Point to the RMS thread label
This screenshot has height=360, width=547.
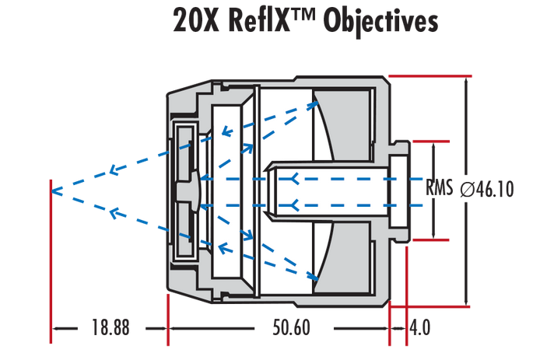tap(440, 188)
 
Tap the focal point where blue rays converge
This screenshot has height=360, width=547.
tap(51, 189)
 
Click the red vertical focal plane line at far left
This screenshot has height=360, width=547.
tap(51, 264)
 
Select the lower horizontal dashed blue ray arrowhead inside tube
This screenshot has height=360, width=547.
tap(294, 205)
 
